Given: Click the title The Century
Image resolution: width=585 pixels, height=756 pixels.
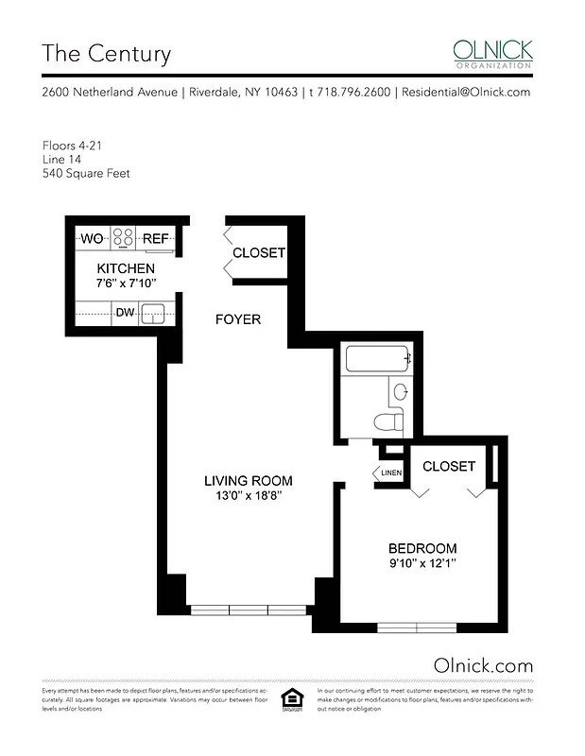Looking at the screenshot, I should click(106, 53).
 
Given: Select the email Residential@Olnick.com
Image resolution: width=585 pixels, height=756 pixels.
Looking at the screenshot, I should click(466, 93).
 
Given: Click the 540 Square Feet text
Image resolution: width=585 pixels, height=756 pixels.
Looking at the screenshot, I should click(86, 173).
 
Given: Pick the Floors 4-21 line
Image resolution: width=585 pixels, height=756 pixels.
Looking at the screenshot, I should click(73, 146).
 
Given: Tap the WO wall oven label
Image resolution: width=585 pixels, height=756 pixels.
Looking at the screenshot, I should click(92, 239).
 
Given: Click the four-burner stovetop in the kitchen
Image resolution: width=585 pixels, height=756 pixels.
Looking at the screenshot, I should click(124, 238).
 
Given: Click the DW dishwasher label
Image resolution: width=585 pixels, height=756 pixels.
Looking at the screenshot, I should click(124, 312).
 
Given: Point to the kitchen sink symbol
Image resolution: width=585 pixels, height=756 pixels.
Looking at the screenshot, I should click(154, 313).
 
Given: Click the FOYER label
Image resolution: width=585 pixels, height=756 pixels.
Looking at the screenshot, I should click(237, 319).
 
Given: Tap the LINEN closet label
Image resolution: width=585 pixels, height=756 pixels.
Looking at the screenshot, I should click(390, 472).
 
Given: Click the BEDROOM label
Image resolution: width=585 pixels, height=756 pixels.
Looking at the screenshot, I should click(422, 548).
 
